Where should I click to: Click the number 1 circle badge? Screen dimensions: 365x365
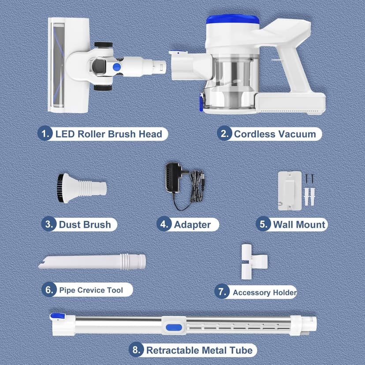pyautogui.click(x=45, y=134)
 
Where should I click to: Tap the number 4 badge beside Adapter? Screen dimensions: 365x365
pyautogui.click(x=164, y=224)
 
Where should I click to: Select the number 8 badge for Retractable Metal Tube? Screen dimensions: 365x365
pyautogui.click(x=136, y=350)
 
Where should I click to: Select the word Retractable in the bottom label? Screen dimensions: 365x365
pyautogui.click(x=172, y=350)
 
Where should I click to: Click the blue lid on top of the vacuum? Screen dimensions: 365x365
pyautogui.click(x=233, y=19)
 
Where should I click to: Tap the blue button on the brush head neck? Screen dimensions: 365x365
pyautogui.click(x=117, y=67)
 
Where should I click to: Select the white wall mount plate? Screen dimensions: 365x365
pyautogui.click(x=290, y=191)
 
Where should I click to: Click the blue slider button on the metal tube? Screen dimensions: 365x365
pyautogui.click(x=174, y=328)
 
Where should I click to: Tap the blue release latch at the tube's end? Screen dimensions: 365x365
pyautogui.click(x=57, y=316)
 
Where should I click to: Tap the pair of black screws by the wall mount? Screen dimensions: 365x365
pyautogui.click(x=310, y=179)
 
